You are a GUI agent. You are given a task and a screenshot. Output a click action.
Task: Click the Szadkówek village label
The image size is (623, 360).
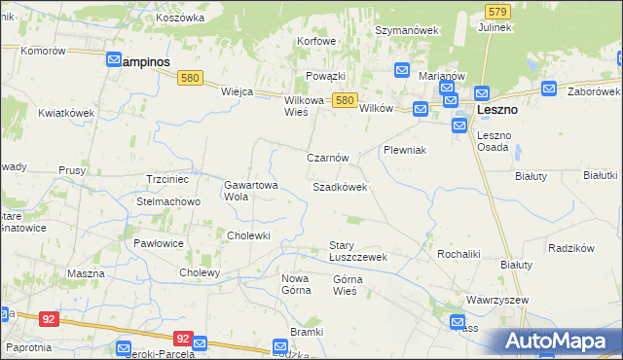[x=339, y=187]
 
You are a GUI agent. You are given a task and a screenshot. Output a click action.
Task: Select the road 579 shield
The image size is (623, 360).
[x=497, y=11]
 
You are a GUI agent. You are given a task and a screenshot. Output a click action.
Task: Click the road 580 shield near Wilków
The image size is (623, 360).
[x=343, y=100]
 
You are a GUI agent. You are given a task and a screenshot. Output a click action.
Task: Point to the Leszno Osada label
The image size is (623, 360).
[x=494, y=141]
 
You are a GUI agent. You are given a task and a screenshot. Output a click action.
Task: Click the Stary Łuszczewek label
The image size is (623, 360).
[x=357, y=251]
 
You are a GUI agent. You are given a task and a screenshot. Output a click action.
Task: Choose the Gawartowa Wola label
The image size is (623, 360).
[x=251, y=190]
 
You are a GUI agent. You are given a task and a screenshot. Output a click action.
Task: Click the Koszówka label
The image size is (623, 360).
[x=179, y=18]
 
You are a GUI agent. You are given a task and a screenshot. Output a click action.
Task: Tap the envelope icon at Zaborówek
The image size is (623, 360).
[x=549, y=89]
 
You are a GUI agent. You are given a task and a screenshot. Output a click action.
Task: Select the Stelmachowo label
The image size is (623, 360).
[x=168, y=202]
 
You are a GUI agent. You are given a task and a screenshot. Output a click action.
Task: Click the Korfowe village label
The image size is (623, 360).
[x=316, y=41]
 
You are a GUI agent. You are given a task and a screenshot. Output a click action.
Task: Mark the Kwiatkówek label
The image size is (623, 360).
[x=66, y=113]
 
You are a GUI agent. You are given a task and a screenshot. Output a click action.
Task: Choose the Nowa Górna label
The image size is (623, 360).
[x=295, y=284]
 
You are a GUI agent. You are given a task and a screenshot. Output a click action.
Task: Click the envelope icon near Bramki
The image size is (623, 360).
[x=280, y=344]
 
